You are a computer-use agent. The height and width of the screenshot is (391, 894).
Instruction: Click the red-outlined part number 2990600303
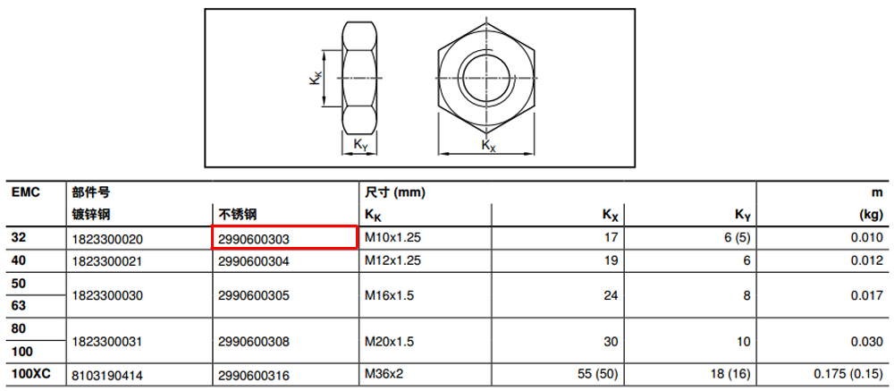click(x=254, y=239)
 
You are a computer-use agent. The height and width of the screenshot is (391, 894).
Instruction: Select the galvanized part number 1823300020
click(x=107, y=239)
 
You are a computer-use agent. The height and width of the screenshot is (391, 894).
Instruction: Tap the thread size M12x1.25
click(x=392, y=261)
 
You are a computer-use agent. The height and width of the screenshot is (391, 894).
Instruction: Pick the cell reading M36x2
click(x=384, y=375)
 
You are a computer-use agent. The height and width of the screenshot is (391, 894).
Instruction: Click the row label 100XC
click(x=30, y=374)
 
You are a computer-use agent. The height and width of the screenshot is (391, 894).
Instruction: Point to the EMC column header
click(x=26, y=192)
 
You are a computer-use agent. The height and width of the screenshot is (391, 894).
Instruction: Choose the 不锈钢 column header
click(x=237, y=215)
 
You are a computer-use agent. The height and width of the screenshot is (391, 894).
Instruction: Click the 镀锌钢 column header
click(x=90, y=215)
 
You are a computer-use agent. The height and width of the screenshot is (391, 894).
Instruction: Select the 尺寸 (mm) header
click(x=395, y=192)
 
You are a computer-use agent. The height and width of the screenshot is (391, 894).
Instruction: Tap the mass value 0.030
click(x=867, y=341)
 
